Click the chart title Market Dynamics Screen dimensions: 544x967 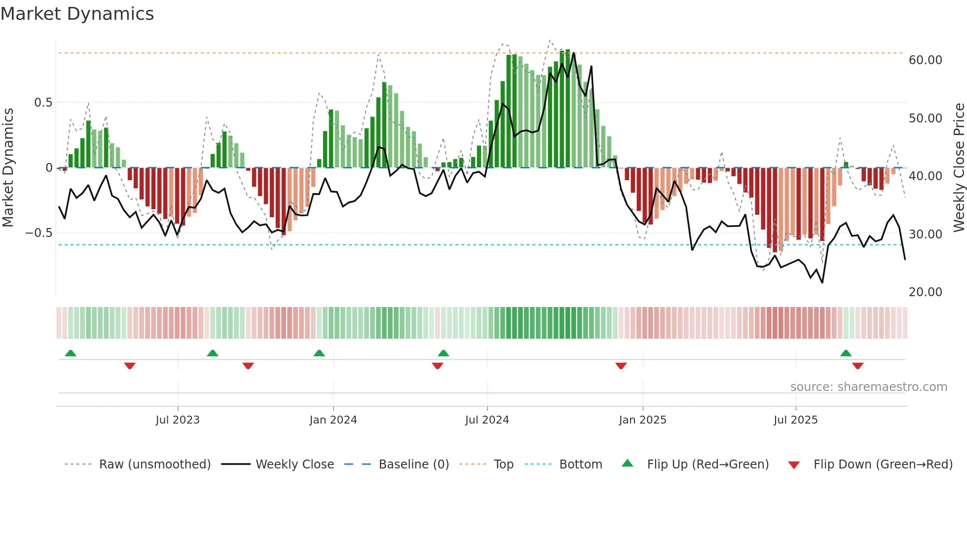[x=77, y=14]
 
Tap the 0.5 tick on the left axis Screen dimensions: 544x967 [x=43, y=103]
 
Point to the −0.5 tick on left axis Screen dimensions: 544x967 [x=39, y=233]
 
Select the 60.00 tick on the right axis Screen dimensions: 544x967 [x=925, y=60]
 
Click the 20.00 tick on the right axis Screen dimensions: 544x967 [x=925, y=292]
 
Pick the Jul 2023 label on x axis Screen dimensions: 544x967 [x=178, y=420]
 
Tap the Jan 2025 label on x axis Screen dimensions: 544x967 [x=642, y=420]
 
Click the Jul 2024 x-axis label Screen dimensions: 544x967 [x=487, y=420]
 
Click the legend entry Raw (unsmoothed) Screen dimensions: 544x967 [x=154, y=465]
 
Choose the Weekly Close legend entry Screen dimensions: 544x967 [x=295, y=465]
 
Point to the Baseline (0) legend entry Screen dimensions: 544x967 [x=413, y=465]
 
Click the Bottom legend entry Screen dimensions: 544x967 [x=580, y=465]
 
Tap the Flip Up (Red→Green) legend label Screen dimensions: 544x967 [x=707, y=465]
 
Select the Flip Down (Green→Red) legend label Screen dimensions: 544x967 [x=883, y=465]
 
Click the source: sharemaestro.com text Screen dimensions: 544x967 [x=868, y=387]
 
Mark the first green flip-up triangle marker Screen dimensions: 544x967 [x=71, y=353]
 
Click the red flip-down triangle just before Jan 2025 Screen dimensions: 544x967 [x=621, y=366]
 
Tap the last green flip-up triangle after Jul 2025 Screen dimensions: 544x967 [x=846, y=353]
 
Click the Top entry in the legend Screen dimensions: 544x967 [x=503, y=465]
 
